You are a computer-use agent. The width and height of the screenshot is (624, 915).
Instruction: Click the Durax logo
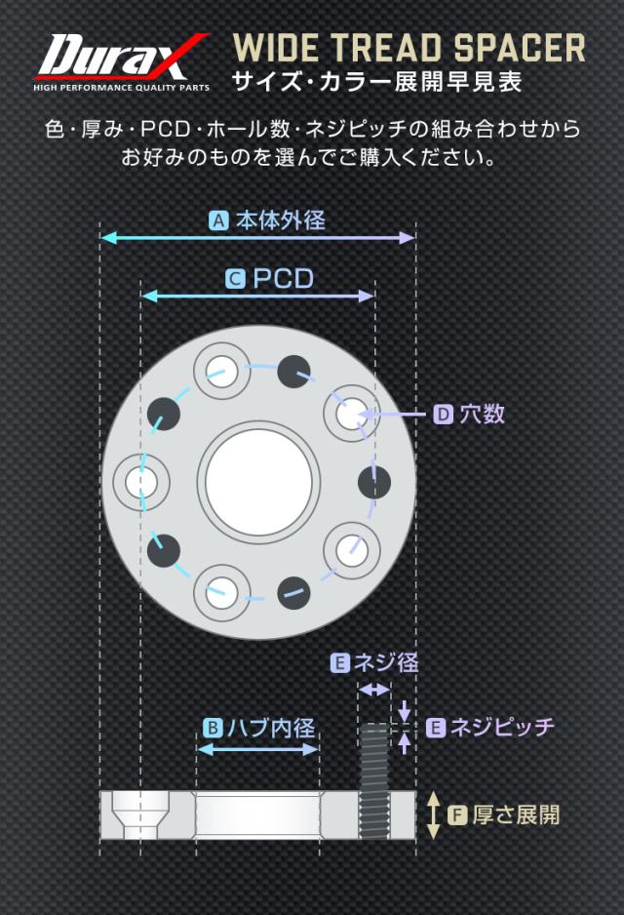point(121,62)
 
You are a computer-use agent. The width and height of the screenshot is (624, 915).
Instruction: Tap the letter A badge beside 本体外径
point(218,220)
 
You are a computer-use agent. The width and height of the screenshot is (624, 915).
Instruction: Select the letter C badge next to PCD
point(235,279)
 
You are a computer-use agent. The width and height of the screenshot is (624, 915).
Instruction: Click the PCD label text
point(284,279)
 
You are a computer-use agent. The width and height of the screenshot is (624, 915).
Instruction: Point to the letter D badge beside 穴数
point(444,415)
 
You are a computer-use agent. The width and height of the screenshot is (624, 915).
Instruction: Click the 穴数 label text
point(483,415)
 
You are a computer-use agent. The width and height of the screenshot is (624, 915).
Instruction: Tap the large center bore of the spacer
point(259,482)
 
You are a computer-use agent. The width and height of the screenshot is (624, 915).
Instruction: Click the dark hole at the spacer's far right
point(373,482)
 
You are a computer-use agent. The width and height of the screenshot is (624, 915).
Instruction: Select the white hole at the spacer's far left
point(141,482)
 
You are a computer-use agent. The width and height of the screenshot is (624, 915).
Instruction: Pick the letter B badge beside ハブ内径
point(213,728)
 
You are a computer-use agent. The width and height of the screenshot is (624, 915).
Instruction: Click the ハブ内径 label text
point(271,728)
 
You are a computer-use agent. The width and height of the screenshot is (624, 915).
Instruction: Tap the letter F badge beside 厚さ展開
point(458,815)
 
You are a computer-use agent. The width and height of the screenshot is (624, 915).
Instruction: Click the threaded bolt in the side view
point(374,780)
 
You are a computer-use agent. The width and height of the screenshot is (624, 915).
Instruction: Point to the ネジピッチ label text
point(501,727)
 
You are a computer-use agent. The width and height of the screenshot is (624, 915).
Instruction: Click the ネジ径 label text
point(385,663)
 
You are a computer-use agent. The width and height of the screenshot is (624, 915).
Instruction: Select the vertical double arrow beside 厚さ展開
point(433,815)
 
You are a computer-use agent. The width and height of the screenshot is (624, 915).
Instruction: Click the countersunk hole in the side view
point(141,815)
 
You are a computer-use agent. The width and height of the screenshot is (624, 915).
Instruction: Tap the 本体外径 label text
point(281,220)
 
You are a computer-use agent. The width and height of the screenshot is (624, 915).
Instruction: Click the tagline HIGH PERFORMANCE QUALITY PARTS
point(121,88)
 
